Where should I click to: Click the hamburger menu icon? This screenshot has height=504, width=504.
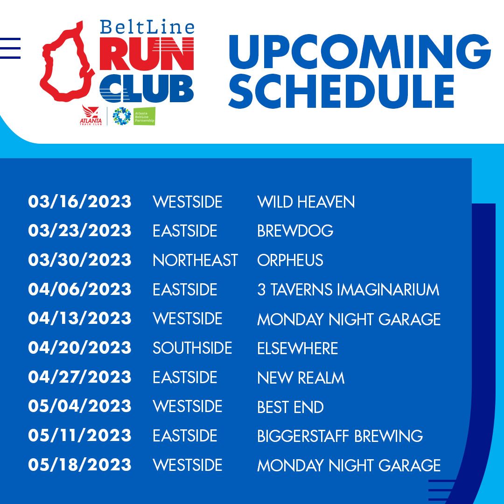(x=10, y=48)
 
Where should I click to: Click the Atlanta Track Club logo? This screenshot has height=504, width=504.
(x=91, y=115)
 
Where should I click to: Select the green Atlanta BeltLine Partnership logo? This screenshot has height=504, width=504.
(x=144, y=116)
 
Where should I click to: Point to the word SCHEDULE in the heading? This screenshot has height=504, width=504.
(x=341, y=91)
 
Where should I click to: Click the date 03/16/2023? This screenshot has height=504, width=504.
(x=80, y=202)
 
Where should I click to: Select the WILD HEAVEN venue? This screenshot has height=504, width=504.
(x=306, y=202)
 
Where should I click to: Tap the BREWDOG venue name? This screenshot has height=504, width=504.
(x=295, y=231)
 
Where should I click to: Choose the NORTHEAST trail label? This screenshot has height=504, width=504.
(x=196, y=260)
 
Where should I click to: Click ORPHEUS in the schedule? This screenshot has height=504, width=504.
(x=290, y=260)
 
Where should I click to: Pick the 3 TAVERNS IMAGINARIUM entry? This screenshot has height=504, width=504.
(x=348, y=289)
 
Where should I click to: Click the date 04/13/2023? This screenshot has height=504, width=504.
(x=80, y=318)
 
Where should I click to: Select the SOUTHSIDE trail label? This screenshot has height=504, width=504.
(x=192, y=348)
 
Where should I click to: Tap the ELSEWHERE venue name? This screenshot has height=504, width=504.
(x=298, y=348)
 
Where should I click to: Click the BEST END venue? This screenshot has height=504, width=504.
(x=290, y=406)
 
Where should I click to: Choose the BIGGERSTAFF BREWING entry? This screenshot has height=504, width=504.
(x=340, y=436)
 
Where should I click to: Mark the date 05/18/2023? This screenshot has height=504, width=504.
(x=80, y=464)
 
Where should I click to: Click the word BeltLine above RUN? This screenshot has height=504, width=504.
(x=147, y=28)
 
